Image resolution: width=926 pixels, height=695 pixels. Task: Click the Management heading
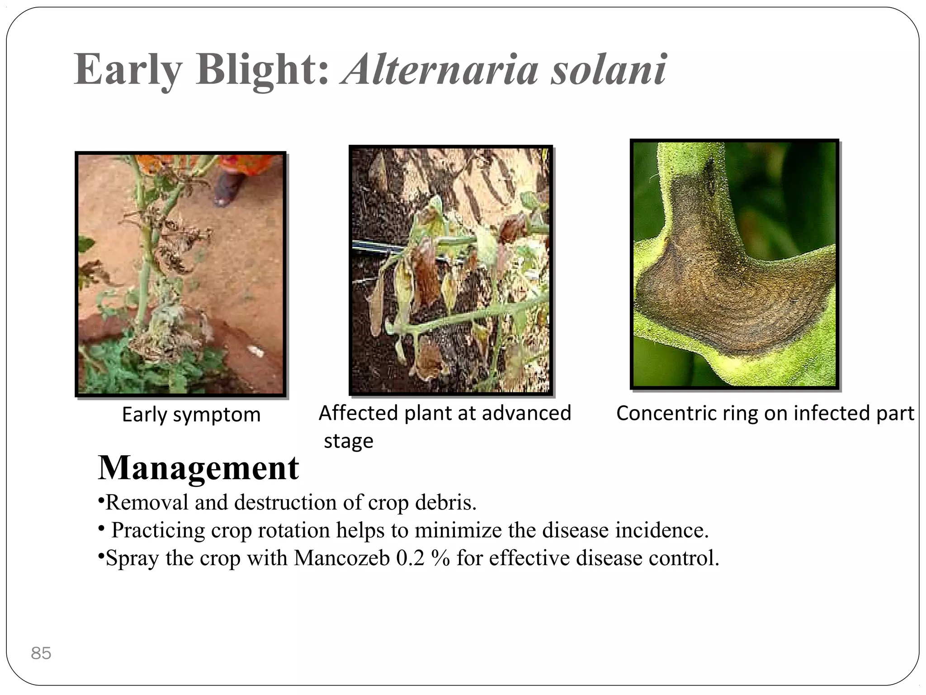198,467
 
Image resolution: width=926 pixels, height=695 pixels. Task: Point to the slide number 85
41,653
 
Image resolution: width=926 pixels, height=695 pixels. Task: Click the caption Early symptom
191,414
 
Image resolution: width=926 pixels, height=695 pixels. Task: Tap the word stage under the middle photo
349,441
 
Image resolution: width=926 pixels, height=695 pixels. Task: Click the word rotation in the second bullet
294,530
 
